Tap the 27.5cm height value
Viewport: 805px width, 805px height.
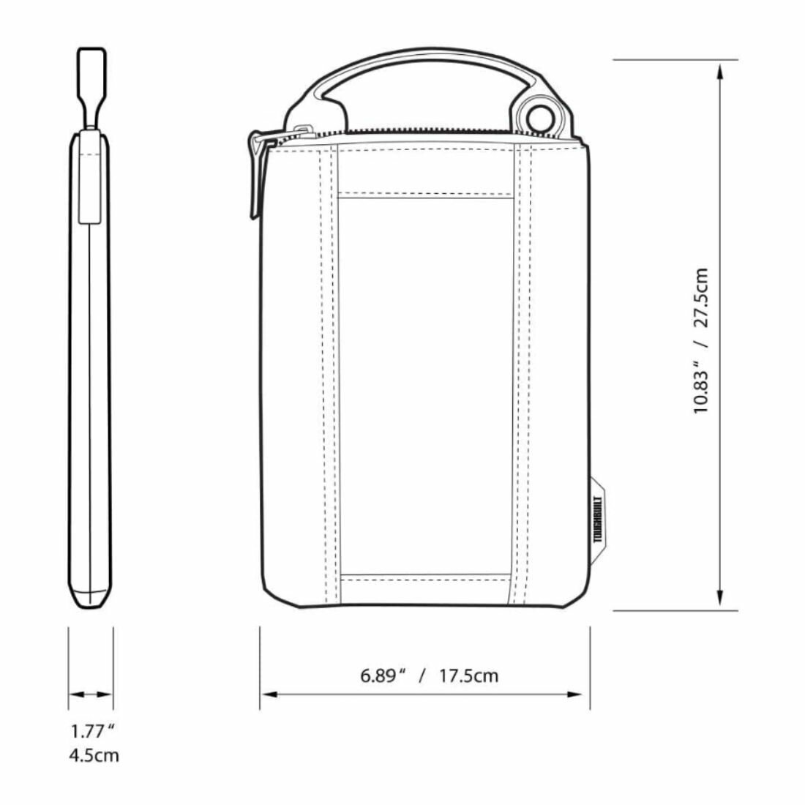[701, 297]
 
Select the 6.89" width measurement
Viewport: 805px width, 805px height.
[383, 675]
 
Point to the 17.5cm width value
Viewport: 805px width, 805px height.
[468, 675]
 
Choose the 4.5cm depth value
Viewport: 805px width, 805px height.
[94, 756]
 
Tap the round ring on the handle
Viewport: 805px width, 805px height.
[536, 118]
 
